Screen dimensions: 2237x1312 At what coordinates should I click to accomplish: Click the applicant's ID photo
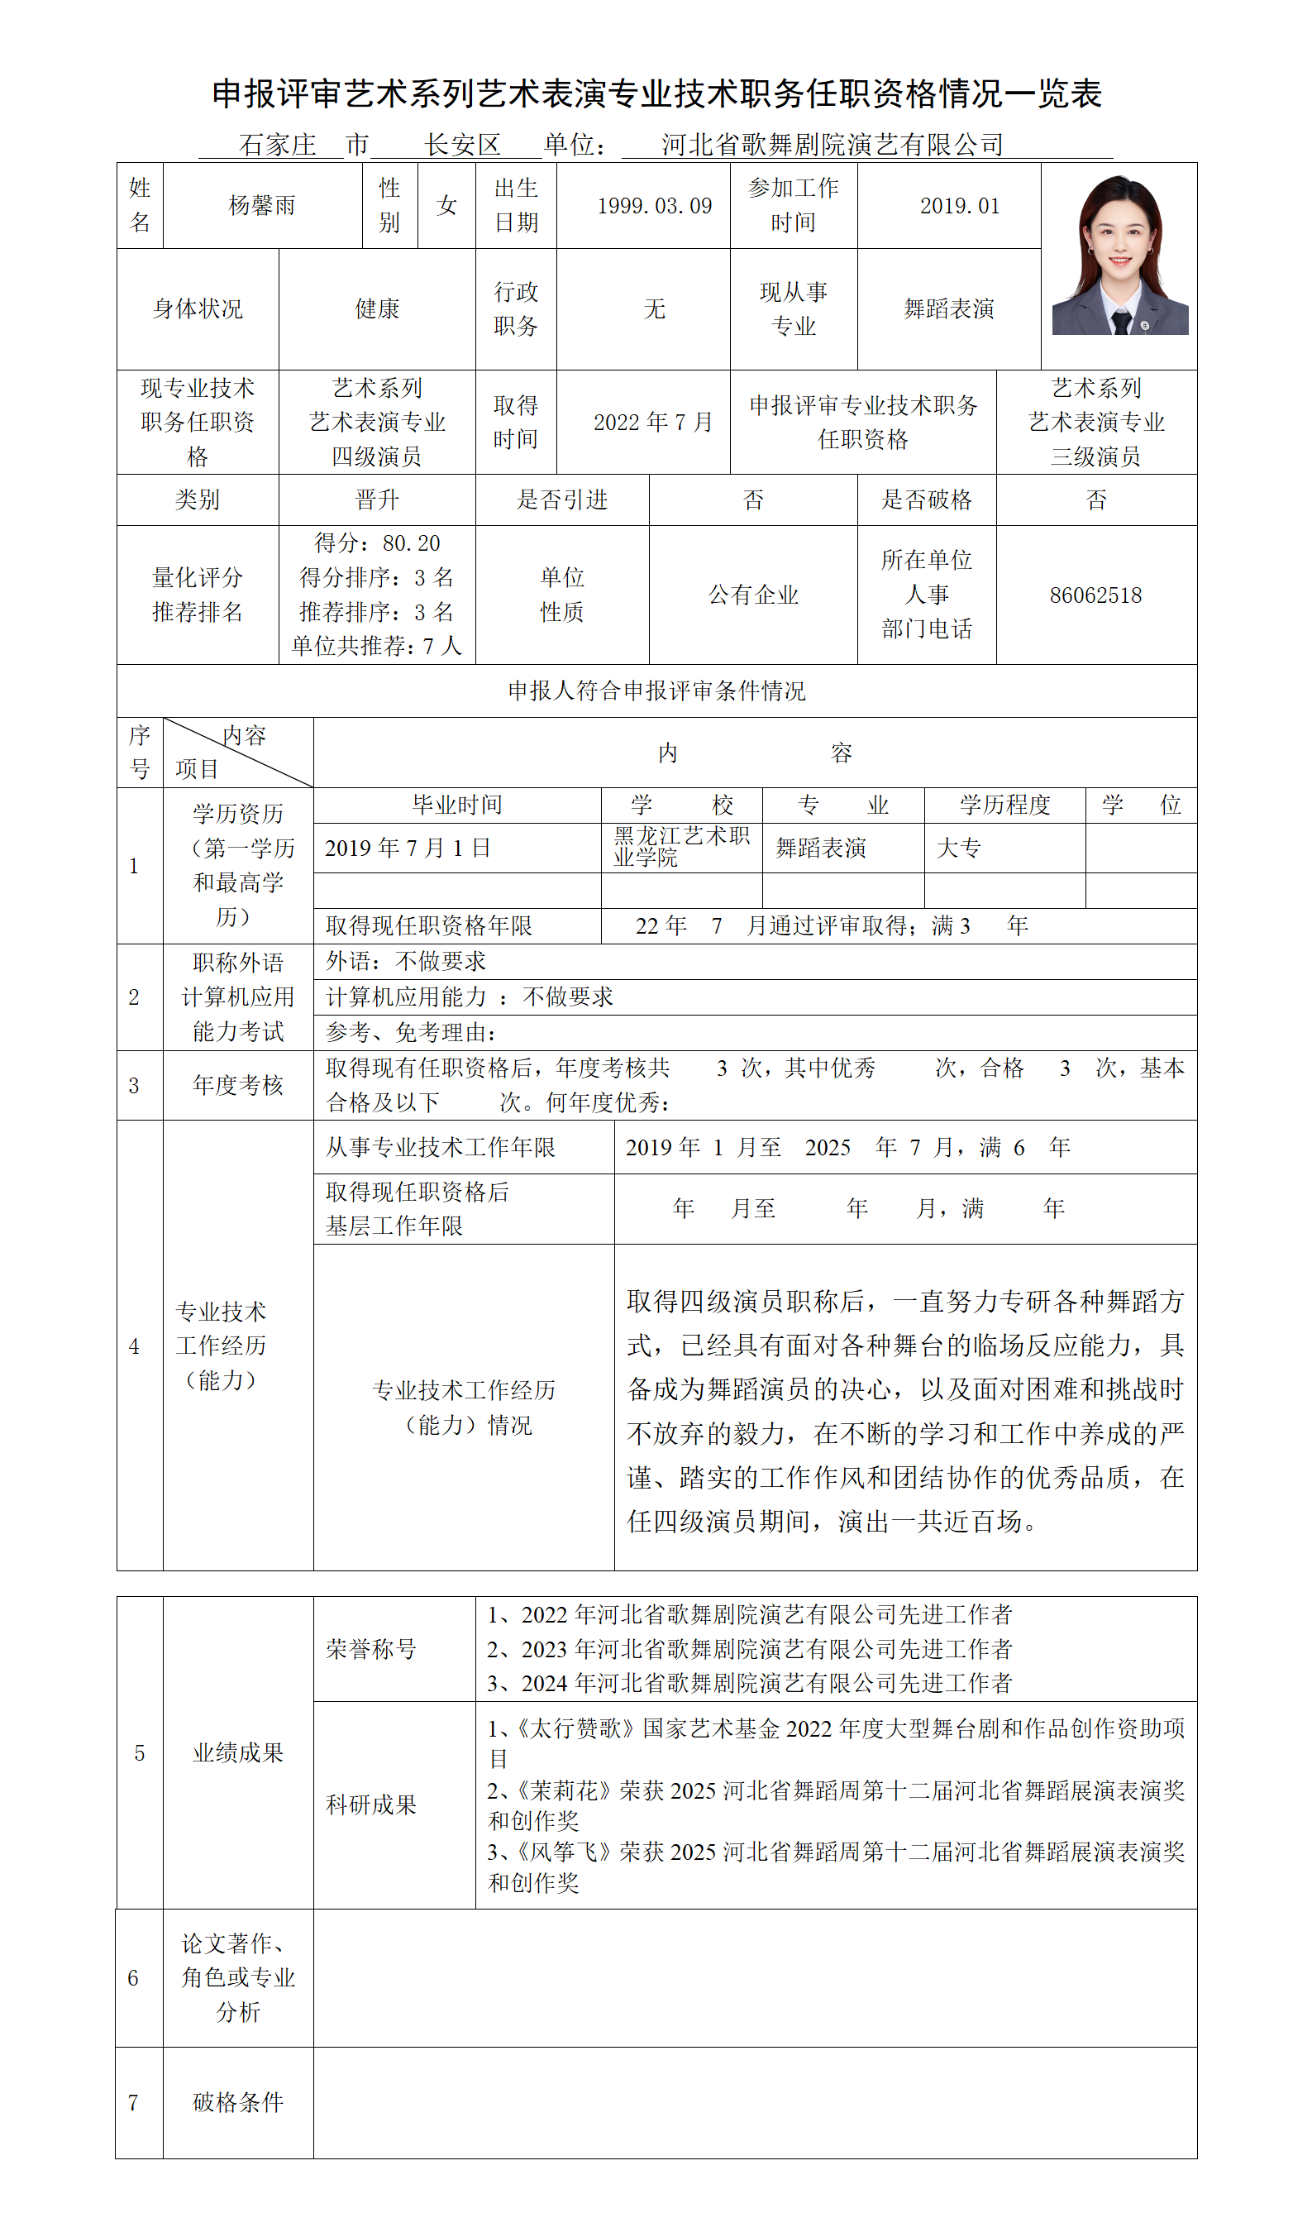click(x=1119, y=256)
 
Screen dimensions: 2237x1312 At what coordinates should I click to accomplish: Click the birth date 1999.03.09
click(x=654, y=206)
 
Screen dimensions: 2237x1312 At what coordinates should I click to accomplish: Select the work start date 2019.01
click(x=960, y=206)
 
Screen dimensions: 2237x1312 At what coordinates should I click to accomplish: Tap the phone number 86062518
click(x=1095, y=595)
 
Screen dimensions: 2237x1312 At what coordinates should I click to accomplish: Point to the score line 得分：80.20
click(x=377, y=543)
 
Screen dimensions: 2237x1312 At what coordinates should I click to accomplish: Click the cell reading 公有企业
click(x=753, y=595)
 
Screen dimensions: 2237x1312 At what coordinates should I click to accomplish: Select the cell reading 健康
click(x=377, y=309)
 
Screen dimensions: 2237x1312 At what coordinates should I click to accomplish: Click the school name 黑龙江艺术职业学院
click(x=681, y=847)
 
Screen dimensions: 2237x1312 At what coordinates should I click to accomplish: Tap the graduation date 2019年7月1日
click(x=408, y=848)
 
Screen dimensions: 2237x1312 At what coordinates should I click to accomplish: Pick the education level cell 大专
click(x=959, y=848)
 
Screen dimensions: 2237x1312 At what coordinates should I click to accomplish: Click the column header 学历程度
click(x=1004, y=805)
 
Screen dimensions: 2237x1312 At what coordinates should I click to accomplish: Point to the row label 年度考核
click(x=238, y=1085)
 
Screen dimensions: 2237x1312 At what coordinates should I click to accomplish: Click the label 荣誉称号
click(x=371, y=1649)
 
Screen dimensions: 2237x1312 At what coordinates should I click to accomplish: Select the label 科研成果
click(x=371, y=1804)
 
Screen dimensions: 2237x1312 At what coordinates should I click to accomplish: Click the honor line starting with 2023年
click(x=749, y=1649)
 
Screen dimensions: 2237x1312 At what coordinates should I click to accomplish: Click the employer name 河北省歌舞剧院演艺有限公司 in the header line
click(x=832, y=145)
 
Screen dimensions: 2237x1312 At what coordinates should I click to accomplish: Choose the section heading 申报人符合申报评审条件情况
click(x=656, y=691)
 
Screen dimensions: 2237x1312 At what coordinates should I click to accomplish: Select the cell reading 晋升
click(x=377, y=500)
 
